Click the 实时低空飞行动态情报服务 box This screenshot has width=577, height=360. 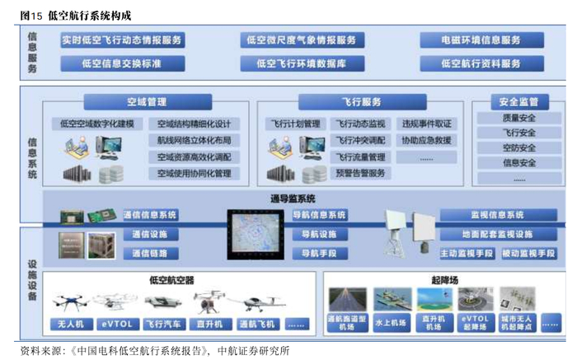[x=121, y=40]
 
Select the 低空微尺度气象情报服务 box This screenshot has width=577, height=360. [x=300, y=40]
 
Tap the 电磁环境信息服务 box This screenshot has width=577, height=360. [x=481, y=40]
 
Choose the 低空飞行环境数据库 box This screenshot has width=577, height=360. [x=300, y=63]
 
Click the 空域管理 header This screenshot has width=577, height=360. [x=147, y=102]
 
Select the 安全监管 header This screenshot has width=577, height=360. [x=518, y=102]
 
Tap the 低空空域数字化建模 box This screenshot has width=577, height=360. [x=97, y=124]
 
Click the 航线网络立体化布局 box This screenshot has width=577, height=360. [x=195, y=140]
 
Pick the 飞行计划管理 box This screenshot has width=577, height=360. [x=294, y=124]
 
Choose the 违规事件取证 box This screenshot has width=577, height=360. [x=426, y=124]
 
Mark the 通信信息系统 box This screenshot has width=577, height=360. [x=150, y=215]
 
